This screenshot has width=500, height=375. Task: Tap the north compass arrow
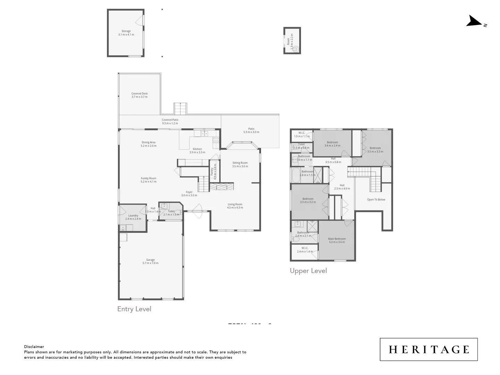tap(475, 22)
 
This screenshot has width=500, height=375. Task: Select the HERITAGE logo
tap(428, 349)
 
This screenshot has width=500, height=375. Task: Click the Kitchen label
tap(197, 149)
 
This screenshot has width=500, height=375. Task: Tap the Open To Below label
tap(376, 200)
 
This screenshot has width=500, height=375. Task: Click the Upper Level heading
tap(308, 271)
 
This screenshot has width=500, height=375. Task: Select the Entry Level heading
tap(134, 309)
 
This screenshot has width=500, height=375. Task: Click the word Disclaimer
tap(34, 347)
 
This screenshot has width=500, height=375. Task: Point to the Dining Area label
tap(148, 142)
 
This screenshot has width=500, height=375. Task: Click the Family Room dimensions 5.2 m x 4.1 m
tap(149, 182)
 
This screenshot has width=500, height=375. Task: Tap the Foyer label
tap(189, 192)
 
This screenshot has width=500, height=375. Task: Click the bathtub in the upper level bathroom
tap(296, 175)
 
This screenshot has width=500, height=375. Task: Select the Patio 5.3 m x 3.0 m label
tap(251, 130)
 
